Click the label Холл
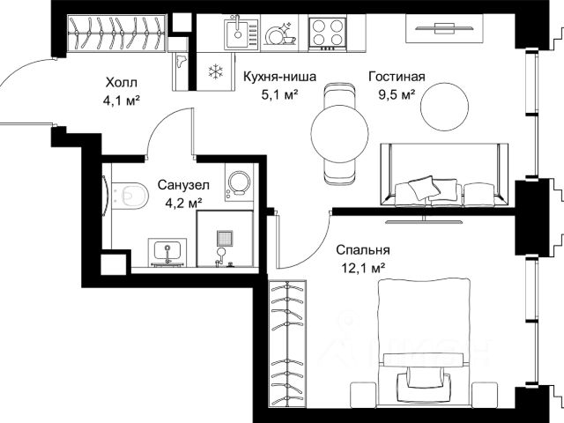[122, 83]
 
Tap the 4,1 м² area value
[122, 100]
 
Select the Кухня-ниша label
[280, 77]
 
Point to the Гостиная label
[397, 77]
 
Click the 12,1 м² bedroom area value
[363, 268]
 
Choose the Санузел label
[183, 185]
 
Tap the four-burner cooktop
[327, 33]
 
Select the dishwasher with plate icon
[281, 33]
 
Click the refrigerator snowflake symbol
[215, 70]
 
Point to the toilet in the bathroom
[130, 195]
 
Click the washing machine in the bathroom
[239, 182]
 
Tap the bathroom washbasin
[167, 253]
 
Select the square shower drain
[225, 239]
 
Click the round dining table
[339, 133]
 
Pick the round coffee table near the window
[445, 107]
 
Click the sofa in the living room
[444, 174]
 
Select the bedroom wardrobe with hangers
[288, 344]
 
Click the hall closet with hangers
[116, 33]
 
